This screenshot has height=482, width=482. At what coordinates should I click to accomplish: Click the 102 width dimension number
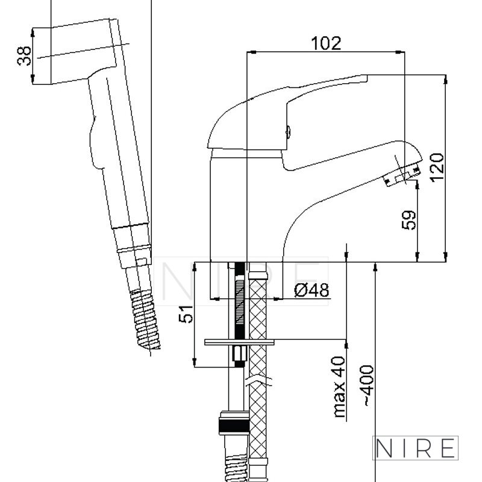coord(326,43)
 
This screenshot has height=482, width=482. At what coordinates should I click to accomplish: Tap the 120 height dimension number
coord(437,167)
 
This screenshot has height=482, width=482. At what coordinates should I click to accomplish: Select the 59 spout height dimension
coord(409,220)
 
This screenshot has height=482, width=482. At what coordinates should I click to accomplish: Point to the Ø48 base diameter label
coord(311,290)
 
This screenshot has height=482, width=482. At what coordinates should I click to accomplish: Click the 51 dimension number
coord(186,314)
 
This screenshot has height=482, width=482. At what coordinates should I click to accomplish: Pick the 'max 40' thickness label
coord(339,386)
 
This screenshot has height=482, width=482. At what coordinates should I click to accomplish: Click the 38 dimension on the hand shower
coord(24,56)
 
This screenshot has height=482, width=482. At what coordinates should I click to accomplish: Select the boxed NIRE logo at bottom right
coord(415,448)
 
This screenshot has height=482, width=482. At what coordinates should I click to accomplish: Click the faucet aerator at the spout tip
coord(402,176)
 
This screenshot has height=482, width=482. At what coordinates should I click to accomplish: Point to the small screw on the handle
coord(288,132)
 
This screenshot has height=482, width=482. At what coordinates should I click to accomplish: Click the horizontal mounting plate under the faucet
coord(239,342)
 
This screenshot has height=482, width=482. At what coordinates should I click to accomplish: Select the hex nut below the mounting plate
coord(239,354)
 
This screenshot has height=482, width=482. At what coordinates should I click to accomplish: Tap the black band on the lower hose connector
coord(234,426)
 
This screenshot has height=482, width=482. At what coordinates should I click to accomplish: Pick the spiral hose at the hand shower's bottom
coord(145,320)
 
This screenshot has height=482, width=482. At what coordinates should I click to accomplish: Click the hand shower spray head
coord(83,51)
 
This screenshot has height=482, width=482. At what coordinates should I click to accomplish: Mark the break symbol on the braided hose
coord(258,381)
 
